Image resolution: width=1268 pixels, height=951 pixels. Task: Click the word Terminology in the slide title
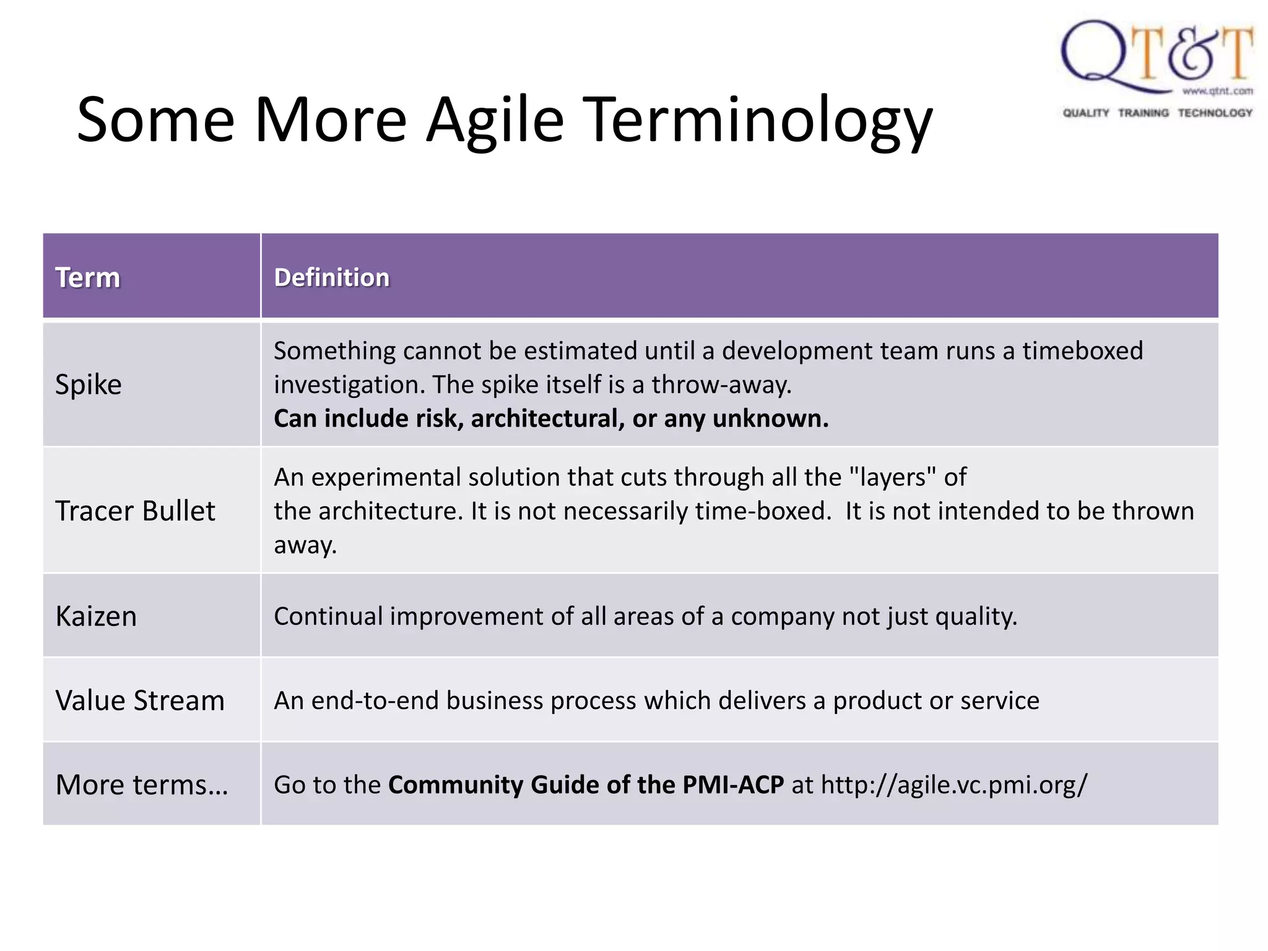coord(758,121)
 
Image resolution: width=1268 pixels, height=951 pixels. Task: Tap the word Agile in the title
coord(495,121)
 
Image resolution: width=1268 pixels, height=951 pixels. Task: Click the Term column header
coord(87,277)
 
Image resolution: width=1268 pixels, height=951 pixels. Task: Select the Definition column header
coord(332,277)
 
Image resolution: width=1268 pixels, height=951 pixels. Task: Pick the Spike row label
coord(89,384)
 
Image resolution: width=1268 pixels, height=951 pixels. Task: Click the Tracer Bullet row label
coord(135,511)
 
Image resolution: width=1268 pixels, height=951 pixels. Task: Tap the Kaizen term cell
coord(96,616)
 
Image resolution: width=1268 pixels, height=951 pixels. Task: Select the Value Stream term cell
coord(140,700)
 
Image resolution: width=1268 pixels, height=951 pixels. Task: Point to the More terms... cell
coord(142,784)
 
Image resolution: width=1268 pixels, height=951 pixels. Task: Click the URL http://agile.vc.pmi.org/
coord(953,784)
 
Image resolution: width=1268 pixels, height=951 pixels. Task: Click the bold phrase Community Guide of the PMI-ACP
coord(586,784)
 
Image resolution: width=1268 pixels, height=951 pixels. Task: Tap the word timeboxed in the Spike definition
coord(1082,350)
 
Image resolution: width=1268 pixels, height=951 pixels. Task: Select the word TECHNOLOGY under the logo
coord(1215,113)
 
